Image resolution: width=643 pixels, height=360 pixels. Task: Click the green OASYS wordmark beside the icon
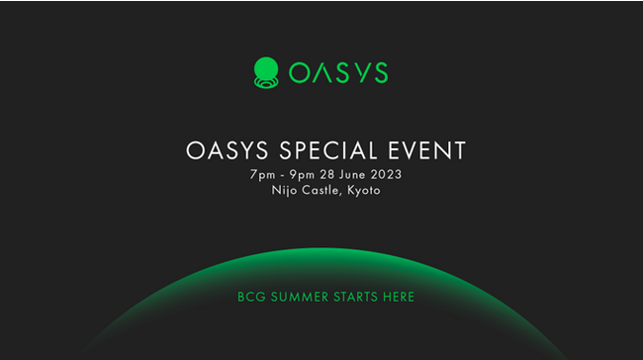pyautogui.click(x=338, y=72)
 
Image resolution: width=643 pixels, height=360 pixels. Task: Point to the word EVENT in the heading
pyautogui.click(x=428, y=151)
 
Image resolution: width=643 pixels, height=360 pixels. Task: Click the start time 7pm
pyautogui.click(x=263, y=174)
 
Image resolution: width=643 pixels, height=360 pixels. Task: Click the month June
pyautogui.click(x=356, y=174)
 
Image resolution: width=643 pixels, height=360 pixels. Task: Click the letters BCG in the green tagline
pyautogui.click(x=250, y=297)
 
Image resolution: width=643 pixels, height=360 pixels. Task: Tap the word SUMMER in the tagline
pyautogui.click(x=296, y=297)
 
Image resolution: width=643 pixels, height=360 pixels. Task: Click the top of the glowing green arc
pyautogui.click(x=321, y=251)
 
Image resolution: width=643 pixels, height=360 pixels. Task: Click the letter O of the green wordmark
pyautogui.click(x=299, y=72)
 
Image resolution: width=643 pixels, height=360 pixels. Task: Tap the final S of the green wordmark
pyautogui.click(x=378, y=72)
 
